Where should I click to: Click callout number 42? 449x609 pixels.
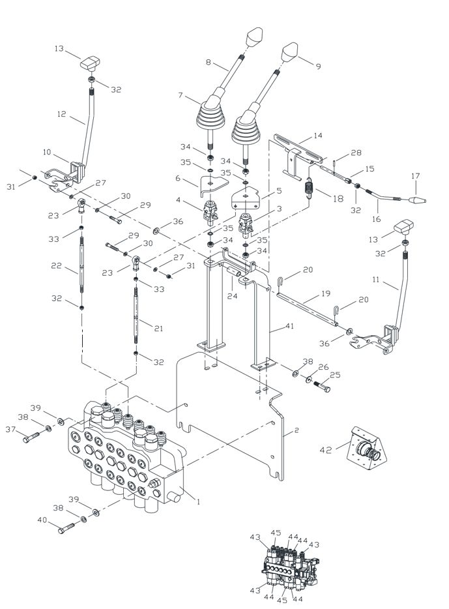(326, 450)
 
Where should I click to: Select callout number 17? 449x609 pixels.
(415, 176)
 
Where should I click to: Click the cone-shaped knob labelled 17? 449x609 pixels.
(418, 200)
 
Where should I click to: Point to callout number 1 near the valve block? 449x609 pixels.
(198, 502)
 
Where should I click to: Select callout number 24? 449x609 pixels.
(233, 296)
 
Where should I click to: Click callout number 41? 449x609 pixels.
(289, 326)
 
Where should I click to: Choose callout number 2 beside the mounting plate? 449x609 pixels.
(297, 430)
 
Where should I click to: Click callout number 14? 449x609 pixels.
(318, 136)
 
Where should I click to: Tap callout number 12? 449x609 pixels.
(62, 114)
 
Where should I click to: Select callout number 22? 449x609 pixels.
(57, 265)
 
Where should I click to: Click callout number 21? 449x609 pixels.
(158, 328)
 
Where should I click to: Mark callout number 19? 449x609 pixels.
(326, 293)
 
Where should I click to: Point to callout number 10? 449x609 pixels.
(47, 152)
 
